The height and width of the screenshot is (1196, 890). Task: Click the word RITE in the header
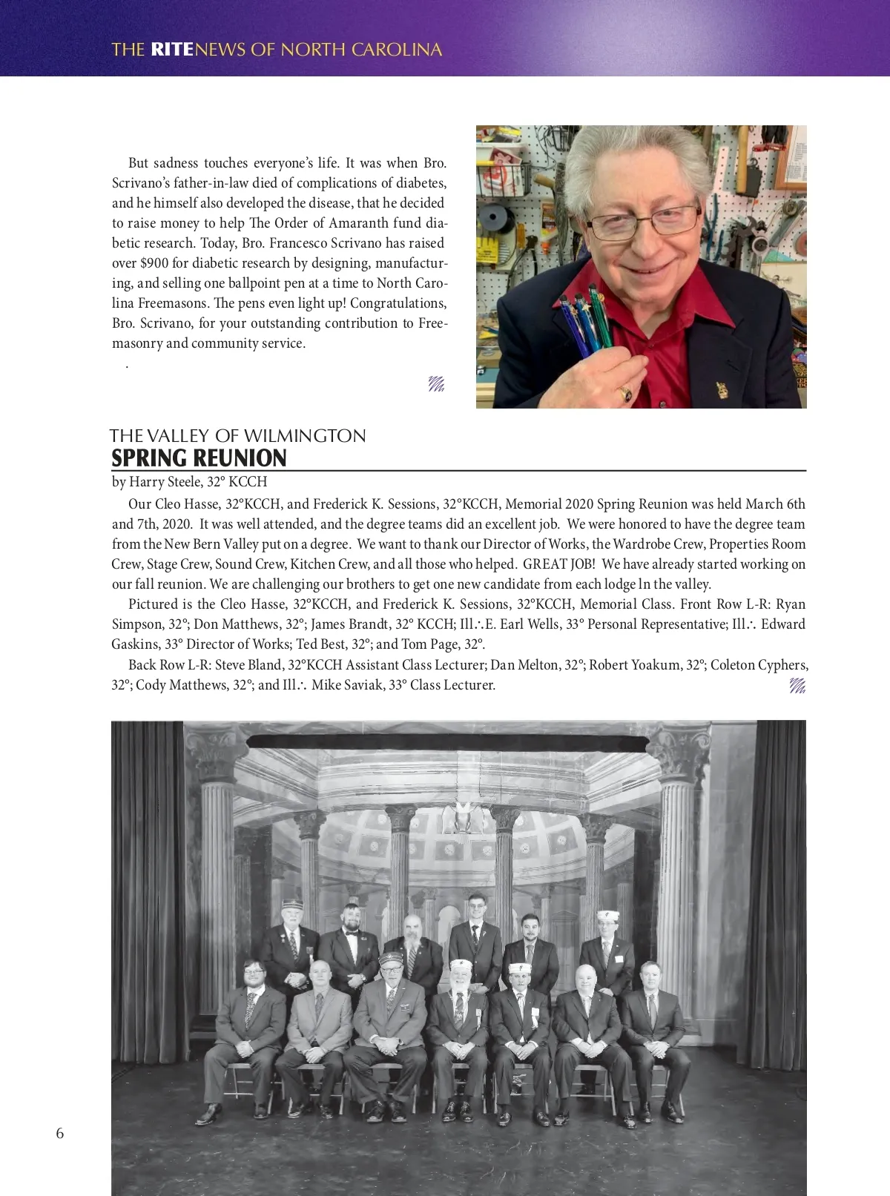(171, 50)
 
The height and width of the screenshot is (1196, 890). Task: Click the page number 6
(60, 1133)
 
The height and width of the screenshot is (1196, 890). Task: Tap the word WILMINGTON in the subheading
(305, 435)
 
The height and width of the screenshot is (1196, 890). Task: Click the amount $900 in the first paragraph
(154, 263)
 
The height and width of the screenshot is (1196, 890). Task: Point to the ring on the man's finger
(626, 393)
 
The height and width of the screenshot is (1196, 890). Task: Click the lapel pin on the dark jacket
(719, 388)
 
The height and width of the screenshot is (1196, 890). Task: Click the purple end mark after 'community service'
(436, 383)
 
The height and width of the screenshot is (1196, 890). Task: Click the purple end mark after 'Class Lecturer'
(797, 685)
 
